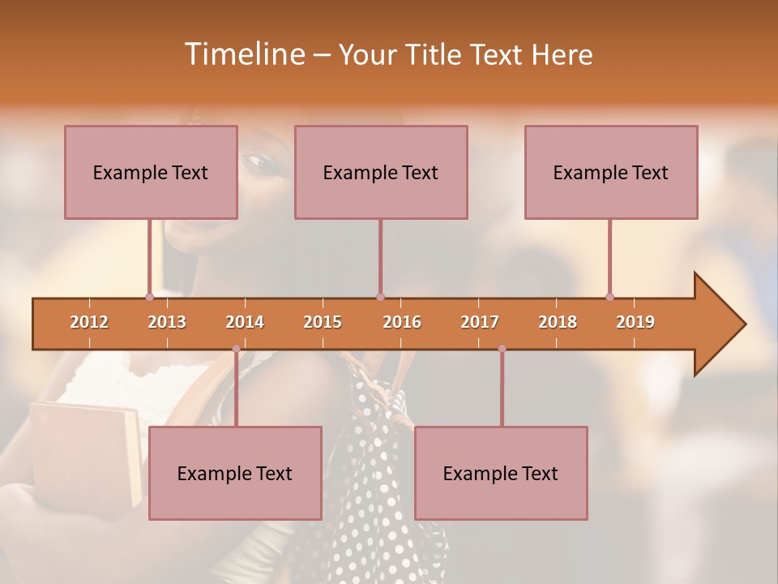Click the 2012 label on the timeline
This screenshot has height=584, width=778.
(x=89, y=322)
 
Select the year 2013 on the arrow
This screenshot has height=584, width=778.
(x=167, y=322)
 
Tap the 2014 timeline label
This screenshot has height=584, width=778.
(x=245, y=322)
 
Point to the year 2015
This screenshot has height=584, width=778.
(x=323, y=322)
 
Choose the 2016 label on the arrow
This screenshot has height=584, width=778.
(x=402, y=322)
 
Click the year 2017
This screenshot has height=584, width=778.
(x=480, y=322)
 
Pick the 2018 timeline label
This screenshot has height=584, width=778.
(x=558, y=322)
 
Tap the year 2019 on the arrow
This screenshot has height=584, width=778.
(x=635, y=322)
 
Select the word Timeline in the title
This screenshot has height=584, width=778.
(x=243, y=54)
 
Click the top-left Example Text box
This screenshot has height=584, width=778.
(x=151, y=172)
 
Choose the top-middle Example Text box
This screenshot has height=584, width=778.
(x=381, y=172)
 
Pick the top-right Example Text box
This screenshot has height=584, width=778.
(x=611, y=172)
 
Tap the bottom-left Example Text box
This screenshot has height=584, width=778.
(x=235, y=473)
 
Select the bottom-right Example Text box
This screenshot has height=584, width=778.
(x=501, y=473)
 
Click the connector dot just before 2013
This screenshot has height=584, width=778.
(x=149, y=297)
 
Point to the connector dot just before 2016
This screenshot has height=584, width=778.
(x=380, y=297)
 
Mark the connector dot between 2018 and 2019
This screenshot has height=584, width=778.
(x=609, y=297)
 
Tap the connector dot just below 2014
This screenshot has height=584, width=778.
(x=236, y=349)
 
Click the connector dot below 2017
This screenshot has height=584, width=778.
(x=502, y=349)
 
